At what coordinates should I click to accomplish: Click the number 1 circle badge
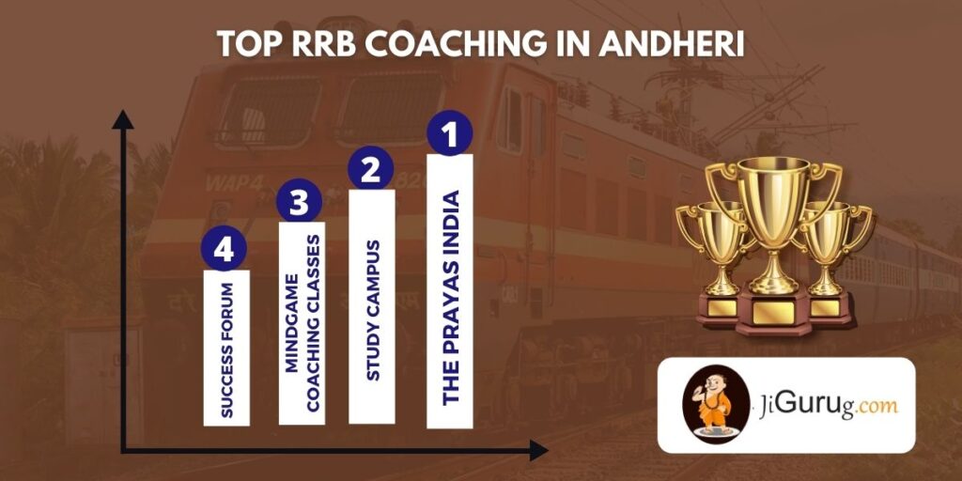pos(449,134)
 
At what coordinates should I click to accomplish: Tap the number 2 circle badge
pos(371,170)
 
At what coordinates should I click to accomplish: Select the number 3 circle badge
pos(300,204)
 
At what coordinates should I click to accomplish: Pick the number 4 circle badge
pos(225,250)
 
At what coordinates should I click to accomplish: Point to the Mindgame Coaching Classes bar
pos(303,324)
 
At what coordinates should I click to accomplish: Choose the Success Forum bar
pos(226,349)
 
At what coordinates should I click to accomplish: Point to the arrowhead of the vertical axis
pos(122,118)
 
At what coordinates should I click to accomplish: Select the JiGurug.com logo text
pos(824,405)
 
